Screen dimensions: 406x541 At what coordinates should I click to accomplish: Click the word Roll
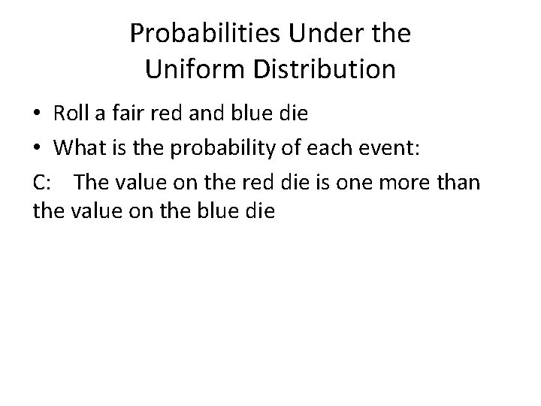tap(70, 114)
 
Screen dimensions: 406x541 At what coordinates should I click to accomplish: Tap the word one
tap(366, 181)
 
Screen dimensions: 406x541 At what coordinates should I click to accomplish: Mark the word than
tap(461, 181)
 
